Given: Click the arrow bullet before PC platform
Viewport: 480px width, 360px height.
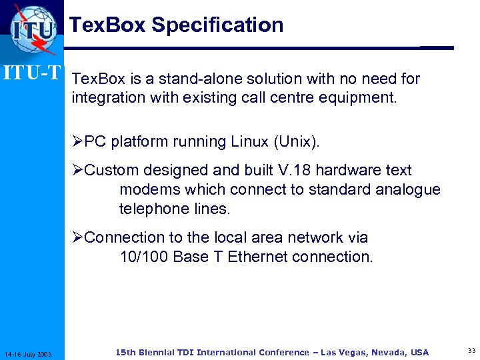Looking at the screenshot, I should click(78, 142).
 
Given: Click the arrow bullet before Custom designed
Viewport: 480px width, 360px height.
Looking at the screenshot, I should click(78, 171).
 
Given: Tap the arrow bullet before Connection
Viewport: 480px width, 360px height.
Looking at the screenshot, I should click(78, 238).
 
